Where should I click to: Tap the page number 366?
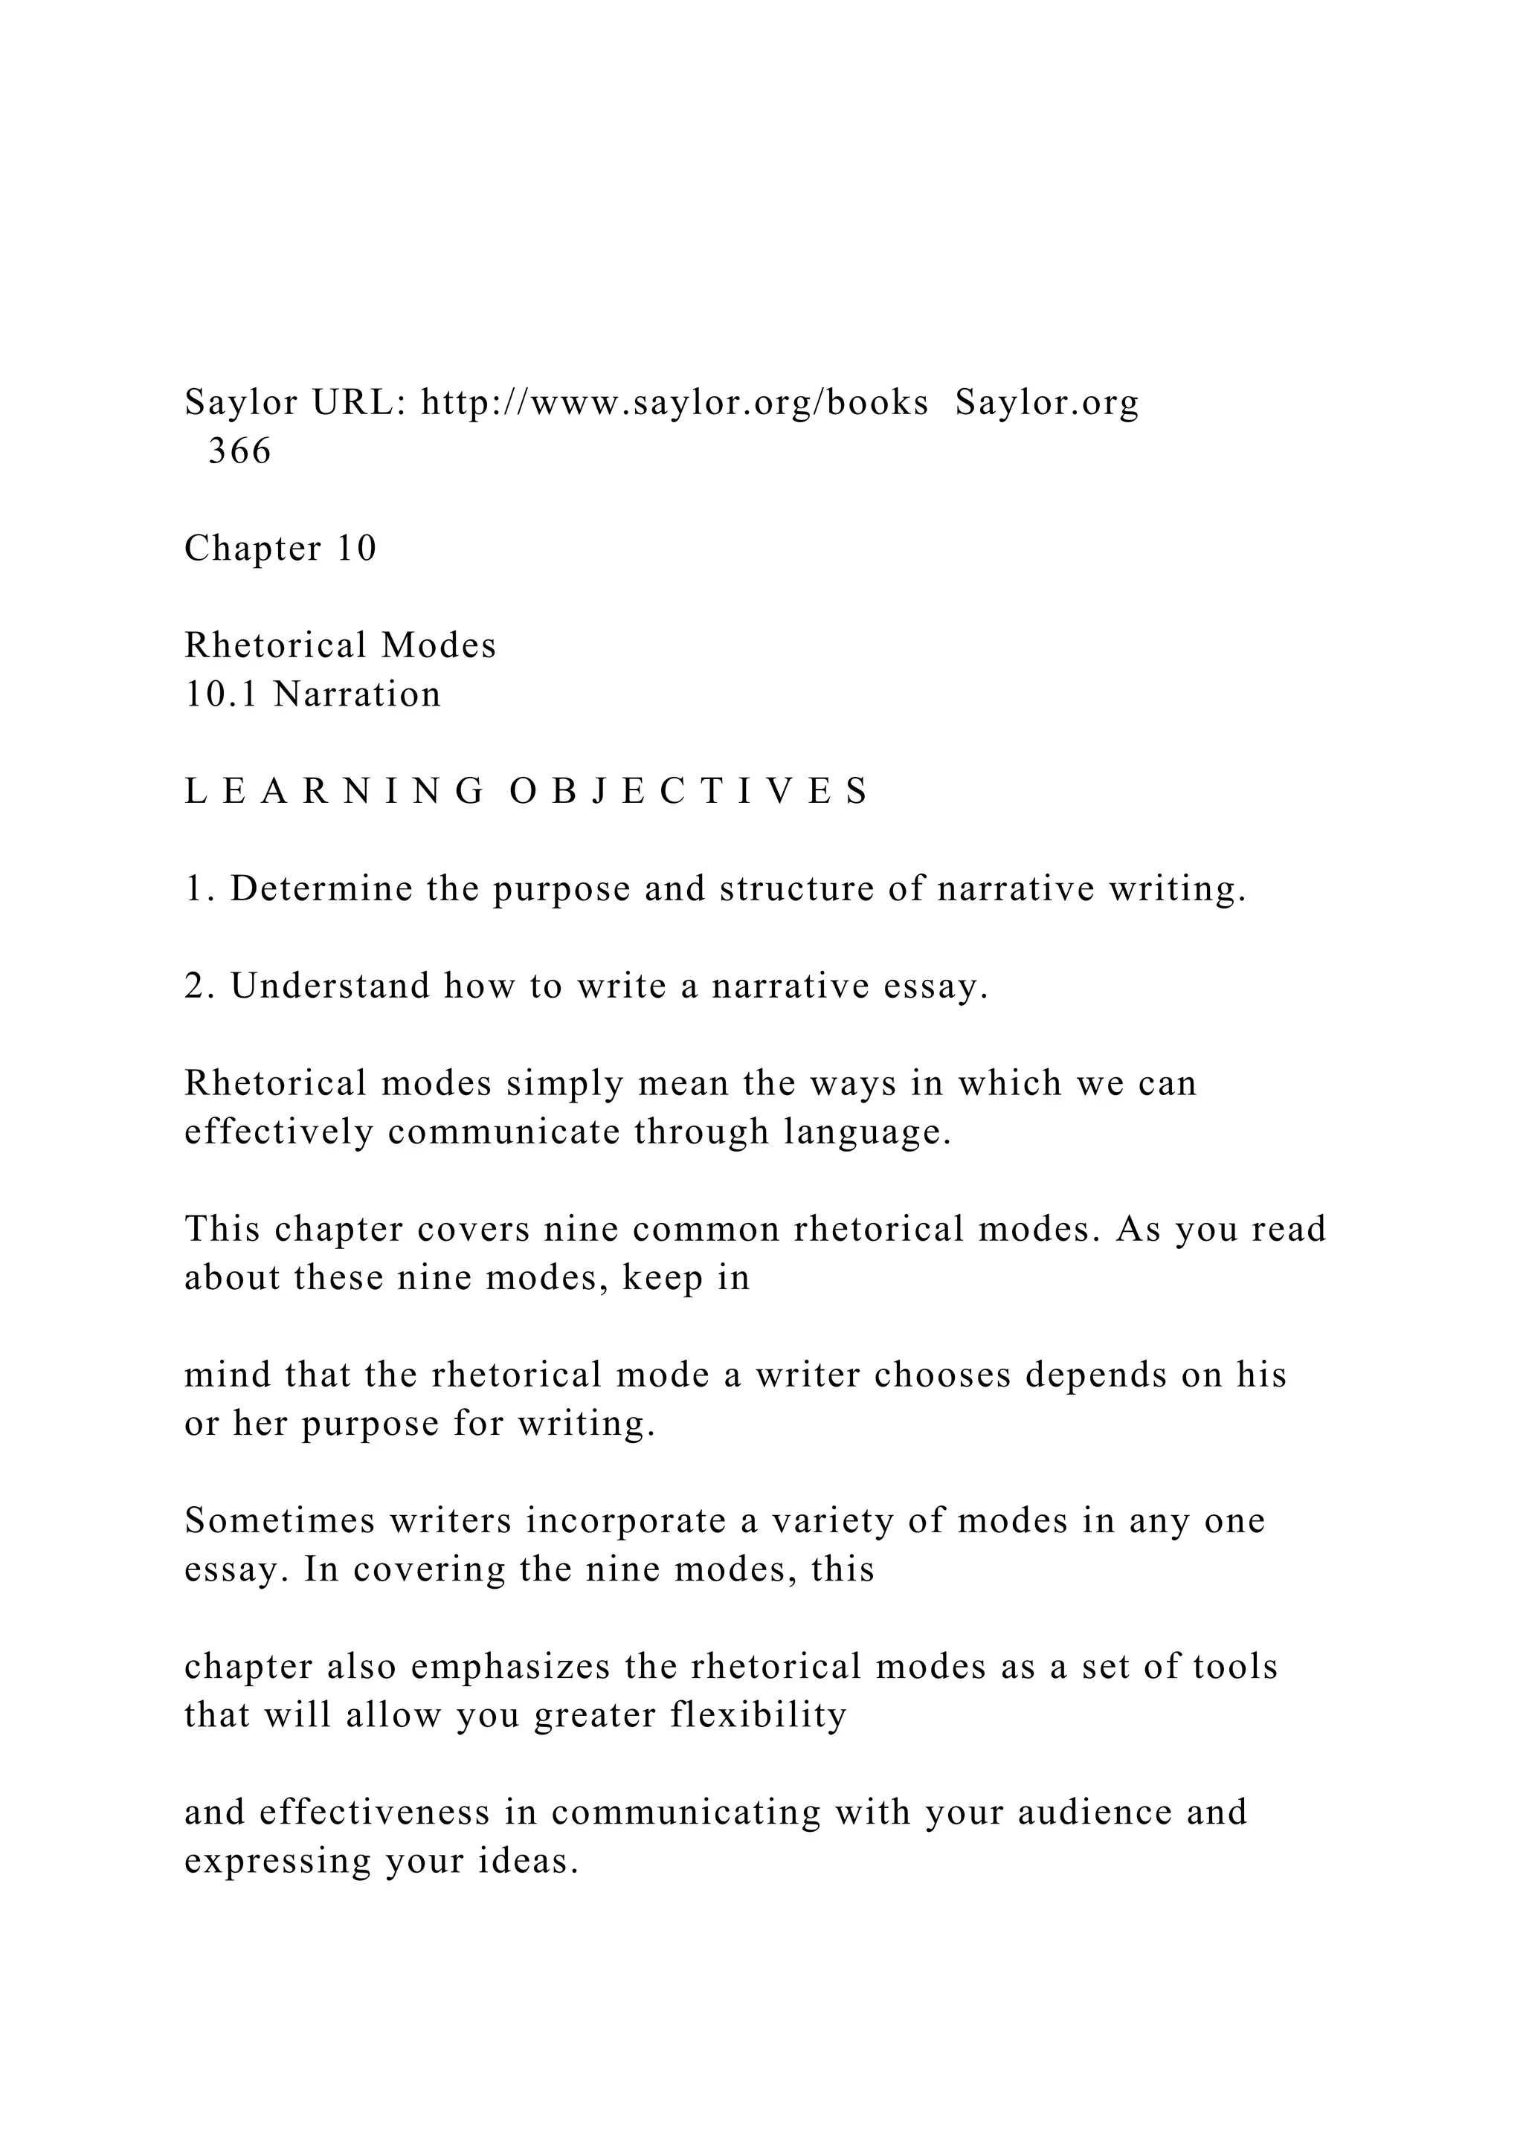(x=239, y=451)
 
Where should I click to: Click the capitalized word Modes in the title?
(x=438, y=645)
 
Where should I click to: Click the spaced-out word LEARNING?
(x=334, y=792)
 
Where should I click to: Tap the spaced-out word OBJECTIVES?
(x=689, y=792)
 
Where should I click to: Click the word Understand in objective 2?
(x=330, y=986)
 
